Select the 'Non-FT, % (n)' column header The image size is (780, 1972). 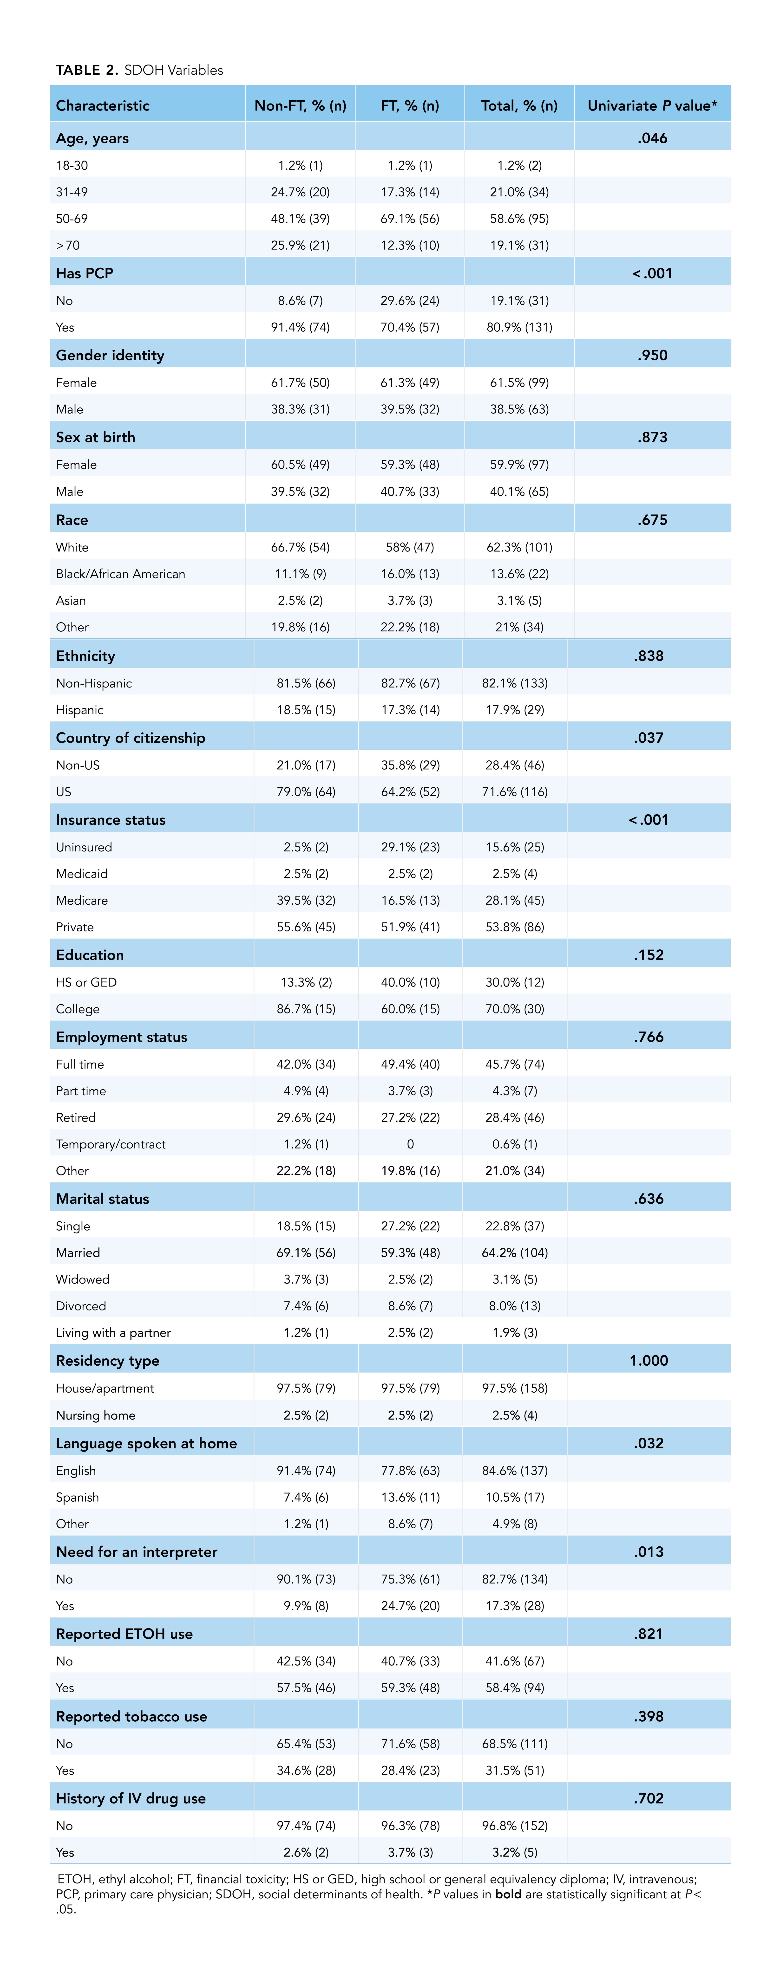[x=300, y=106]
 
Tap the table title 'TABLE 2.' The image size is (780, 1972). [x=86, y=70]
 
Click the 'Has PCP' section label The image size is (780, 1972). [x=84, y=273]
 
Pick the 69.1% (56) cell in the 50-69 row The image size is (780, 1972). [x=410, y=218]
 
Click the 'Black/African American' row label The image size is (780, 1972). [x=120, y=573]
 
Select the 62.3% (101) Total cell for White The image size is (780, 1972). [x=519, y=547]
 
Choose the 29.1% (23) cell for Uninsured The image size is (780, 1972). [x=410, y=847]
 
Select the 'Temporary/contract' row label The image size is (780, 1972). [x=110, y=1144]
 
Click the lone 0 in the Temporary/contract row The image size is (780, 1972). [x=410, y=1144]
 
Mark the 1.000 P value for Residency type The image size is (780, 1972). [x=648, y=1360]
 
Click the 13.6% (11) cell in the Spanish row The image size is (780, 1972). [x=410, y=1497]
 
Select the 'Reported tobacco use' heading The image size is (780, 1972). [x=131, y=1716]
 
